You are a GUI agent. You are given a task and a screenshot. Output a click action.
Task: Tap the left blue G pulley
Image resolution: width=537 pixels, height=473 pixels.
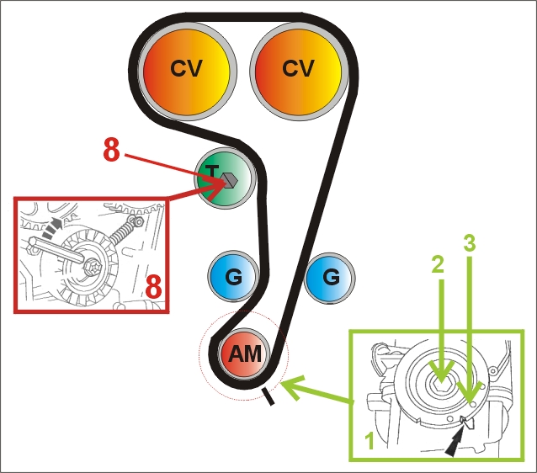[x=234, y=276]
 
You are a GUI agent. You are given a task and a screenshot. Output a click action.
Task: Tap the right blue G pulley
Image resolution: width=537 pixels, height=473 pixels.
[x=330, y=276]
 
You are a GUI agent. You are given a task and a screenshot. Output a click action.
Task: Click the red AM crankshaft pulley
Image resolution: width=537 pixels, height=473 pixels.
[x=245, y=354]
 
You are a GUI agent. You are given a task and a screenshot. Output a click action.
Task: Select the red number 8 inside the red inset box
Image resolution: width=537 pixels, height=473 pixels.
[x=154, y=286]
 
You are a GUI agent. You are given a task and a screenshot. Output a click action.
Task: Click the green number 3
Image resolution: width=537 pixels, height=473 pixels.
[x=471, y=245]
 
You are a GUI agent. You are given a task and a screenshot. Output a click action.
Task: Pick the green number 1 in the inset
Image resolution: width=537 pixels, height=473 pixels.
[x=367, y=437]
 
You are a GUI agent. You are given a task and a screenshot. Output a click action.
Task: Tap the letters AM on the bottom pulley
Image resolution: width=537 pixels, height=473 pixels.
[x=245, y=354]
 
